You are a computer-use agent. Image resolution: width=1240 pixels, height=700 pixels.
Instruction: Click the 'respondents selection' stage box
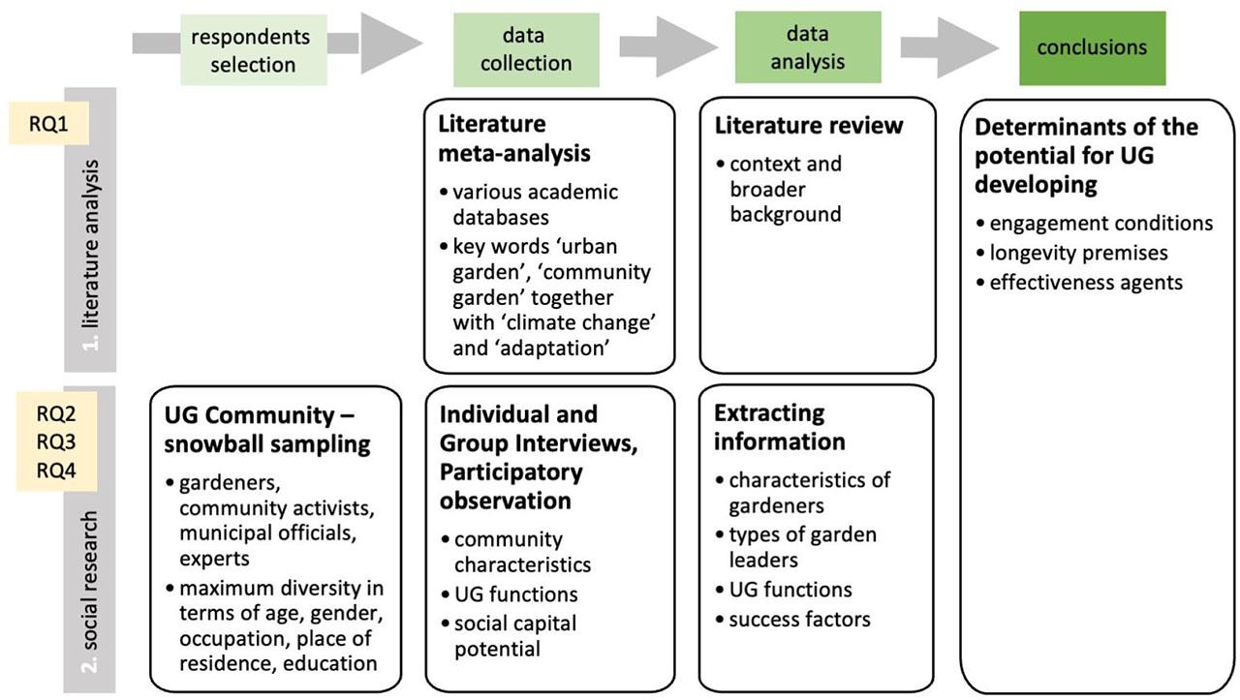(x=250, y=50)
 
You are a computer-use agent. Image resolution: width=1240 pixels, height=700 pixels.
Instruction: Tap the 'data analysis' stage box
(x=808, y=47)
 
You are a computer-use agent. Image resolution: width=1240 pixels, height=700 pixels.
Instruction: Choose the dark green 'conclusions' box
(x=1092, y=47)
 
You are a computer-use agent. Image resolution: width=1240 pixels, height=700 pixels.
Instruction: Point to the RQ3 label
(x=57, y=442)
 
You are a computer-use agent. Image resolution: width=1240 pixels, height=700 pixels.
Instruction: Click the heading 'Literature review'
(x=808, y=126)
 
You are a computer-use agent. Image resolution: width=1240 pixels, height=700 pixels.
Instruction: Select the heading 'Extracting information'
(x=781, y=427)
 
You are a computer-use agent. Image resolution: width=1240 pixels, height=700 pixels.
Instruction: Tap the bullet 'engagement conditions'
(x=1100, y=224)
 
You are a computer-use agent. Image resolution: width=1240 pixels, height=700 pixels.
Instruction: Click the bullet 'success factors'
(x=799, y=619)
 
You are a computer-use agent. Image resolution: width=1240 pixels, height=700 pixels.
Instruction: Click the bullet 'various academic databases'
(x=535, y=204)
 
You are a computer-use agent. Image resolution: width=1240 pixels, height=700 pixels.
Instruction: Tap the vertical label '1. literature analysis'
(x=90, y=230)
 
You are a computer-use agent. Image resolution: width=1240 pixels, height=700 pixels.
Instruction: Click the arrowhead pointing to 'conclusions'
(x=974, y=46)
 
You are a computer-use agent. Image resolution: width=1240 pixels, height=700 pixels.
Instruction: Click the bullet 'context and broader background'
(x=785, y=188)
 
